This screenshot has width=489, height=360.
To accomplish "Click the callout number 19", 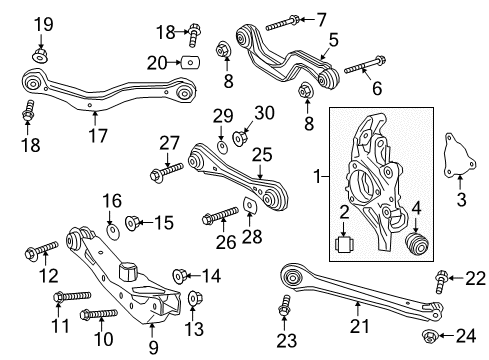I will click(41, 23).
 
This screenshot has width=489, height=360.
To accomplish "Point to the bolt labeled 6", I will click(358, 70).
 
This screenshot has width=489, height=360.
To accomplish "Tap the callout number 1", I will click(317, 178).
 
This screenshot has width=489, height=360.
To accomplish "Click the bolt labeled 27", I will click(162, 174).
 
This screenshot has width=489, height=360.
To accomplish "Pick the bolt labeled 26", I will click(219, 214).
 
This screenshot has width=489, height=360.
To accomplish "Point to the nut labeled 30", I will click(240, 137).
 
